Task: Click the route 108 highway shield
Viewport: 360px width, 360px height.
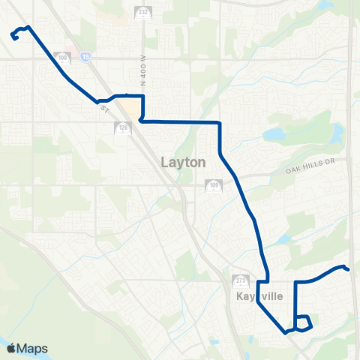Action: [x=64, y=58]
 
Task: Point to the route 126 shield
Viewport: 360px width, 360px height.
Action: [x=121, y=128]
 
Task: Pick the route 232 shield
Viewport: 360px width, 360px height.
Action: [x=143, y=13]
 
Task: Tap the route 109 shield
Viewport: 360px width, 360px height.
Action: [x=214, y=185]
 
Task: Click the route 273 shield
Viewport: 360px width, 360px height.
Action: [x=240, y=280]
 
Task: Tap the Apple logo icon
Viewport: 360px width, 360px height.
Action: [x=11, y=349]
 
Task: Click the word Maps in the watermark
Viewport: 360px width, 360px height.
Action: [x=33, y=349]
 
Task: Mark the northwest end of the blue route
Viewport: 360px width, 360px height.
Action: [x=14, y=35]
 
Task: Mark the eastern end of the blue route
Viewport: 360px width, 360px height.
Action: [x=349, y=269]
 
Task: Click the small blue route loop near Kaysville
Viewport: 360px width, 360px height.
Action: [x=303, y=322]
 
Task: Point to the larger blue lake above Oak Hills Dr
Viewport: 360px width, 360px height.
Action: [x=274, y=135]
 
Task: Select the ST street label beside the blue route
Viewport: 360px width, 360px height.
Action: [x=103, y=109]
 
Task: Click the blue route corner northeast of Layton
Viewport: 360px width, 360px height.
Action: [x=219, y=122]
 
